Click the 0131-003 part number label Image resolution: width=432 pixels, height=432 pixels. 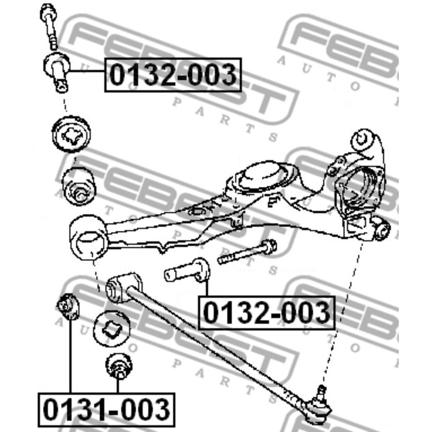pyautogui.click(x=105, y=409)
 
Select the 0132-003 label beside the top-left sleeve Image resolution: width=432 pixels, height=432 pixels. pyautogui.click(x=173, y=74)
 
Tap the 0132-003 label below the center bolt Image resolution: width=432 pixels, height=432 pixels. pyautogui.click(x=266, y=313)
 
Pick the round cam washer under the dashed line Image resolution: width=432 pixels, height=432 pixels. pyautogui.click(x=72, y=133)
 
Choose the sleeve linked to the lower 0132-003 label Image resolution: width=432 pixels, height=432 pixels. pyautogui.click(x=185, y=272)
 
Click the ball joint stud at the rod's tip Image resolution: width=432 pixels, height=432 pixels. pyautogui.click(x=321, y=394)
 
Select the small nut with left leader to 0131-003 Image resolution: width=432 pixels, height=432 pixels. pyautogui.click(x=67, y=307)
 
